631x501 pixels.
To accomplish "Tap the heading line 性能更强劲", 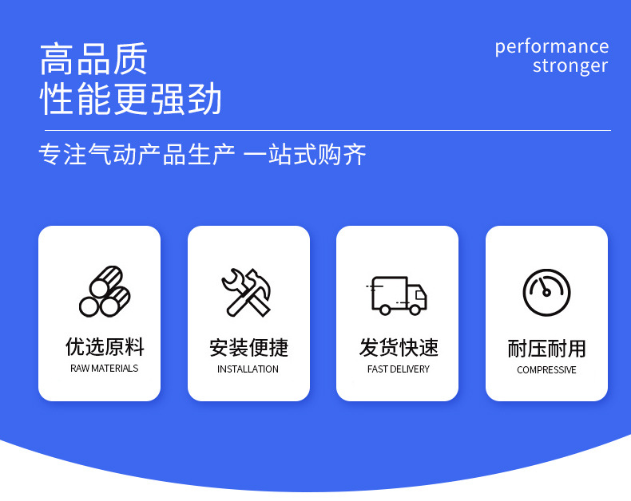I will pyautogui.click(x=131, y=98).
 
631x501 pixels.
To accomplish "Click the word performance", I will pyautogui.click(x=551, y=46).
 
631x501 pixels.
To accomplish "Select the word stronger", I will pyautogui.click(x=570, y=66).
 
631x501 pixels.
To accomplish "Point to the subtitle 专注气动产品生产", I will pyautogui.click(x=137, y=155).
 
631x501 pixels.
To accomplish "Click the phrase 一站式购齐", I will pyautogui.click(x=304, y=155).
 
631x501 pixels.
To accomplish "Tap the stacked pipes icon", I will pyautogui.click(x=105, y=292).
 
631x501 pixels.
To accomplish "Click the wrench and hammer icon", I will pyautogui.click(x=248, y=293).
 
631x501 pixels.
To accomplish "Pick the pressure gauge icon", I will pyautogui.click(x=546, y=293).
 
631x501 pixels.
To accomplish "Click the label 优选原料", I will pyautogui.click(x=105, y=347).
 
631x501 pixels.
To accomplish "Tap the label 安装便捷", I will pyautogui.click(x=248, y=348).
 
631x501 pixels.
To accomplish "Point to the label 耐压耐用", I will pyautogui.click(x=546, y=349).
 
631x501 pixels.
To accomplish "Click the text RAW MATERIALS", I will pyautogui.click(x=105, y=369).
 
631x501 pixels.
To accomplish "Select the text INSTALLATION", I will pyautogui.click(x=248, y=369).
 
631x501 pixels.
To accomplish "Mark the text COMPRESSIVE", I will pyautogui.click(x=546, y=370).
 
